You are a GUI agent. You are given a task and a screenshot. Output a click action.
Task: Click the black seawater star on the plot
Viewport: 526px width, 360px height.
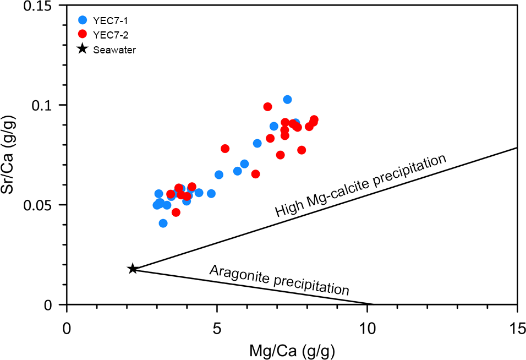coord(133,269)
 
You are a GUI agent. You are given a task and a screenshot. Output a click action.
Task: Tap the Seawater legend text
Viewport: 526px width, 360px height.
coord(114,50)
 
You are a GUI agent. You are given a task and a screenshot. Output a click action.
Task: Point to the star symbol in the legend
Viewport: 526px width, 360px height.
coord(83,49)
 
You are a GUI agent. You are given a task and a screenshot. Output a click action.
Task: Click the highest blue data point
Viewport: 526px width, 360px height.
coord(287,100)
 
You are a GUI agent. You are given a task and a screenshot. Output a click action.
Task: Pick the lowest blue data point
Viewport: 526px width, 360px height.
coord(163,223)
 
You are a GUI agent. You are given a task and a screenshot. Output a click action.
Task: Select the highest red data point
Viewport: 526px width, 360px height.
coord(268,107)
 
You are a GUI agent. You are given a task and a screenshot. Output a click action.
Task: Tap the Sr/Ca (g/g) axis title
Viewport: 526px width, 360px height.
coord(13,155)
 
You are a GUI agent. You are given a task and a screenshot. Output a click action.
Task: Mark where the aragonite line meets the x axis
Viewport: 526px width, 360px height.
coord(373,304)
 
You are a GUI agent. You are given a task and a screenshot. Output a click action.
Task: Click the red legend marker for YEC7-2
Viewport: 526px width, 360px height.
coord(83,35)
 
